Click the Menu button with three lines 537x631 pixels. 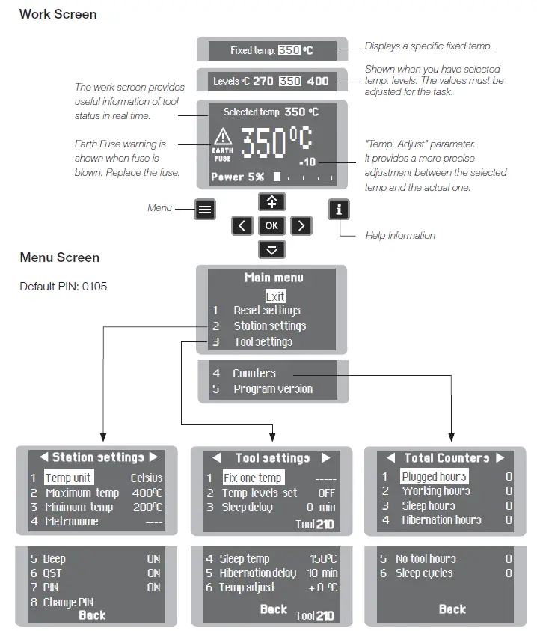pyautogui.click(x=205, y=209)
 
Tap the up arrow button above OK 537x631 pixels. pyautogui.click(x=271, y=201)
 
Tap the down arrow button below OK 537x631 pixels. pyautogui.click(x=271, y=249)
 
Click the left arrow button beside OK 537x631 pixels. pyautogui.click(x=242, y=225)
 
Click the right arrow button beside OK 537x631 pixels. pyautogui.click(x=301, y=225)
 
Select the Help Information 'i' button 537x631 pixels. pyautogui.click(x=339, y=209)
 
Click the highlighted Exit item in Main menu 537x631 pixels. pyautogui.click(x=275, y=296)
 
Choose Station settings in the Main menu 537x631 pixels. pyautogui.click(x=269, y=326)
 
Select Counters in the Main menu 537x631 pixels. pyautogui.click(x=254, y=373)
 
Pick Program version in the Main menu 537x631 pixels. pyautogui.click(x=273, y=389)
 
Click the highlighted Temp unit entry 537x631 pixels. pyautogui.click(x=68, y=478)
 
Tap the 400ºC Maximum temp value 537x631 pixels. pyautogui.click(x=147, y=493)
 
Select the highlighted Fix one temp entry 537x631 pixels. pyautogui.click(x=252, y=478)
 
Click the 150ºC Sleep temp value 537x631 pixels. pyautogui.click(x=323, y=559)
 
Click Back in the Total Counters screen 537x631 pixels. pyautogui.click(x=452, y=609)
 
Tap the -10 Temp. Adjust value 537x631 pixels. pyautogui.click(x=307, y=162)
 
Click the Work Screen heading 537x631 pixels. pyautogui.click(x=58, y=14)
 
